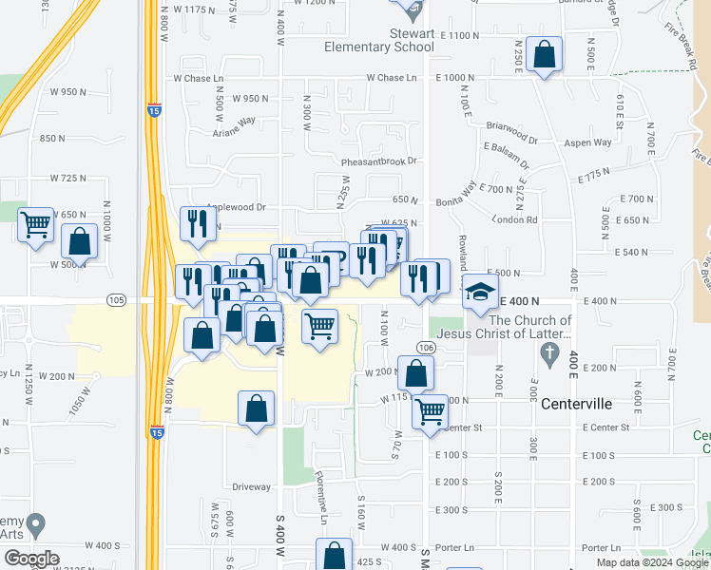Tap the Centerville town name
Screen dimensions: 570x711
click(x=576, y=404)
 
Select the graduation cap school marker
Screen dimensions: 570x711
click(x=480, y=292)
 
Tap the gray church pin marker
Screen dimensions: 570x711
click(x=548, y=353)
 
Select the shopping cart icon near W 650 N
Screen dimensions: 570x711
click(x=36, y=225)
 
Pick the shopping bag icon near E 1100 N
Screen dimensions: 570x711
click(x=546, y=54)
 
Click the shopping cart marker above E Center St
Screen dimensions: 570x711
click(x=431, y=412)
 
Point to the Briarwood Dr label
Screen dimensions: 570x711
click(x=511, y=124)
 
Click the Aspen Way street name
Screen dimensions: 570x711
click(x=589, y=142)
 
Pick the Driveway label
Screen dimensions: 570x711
click(x=251, y=486)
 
